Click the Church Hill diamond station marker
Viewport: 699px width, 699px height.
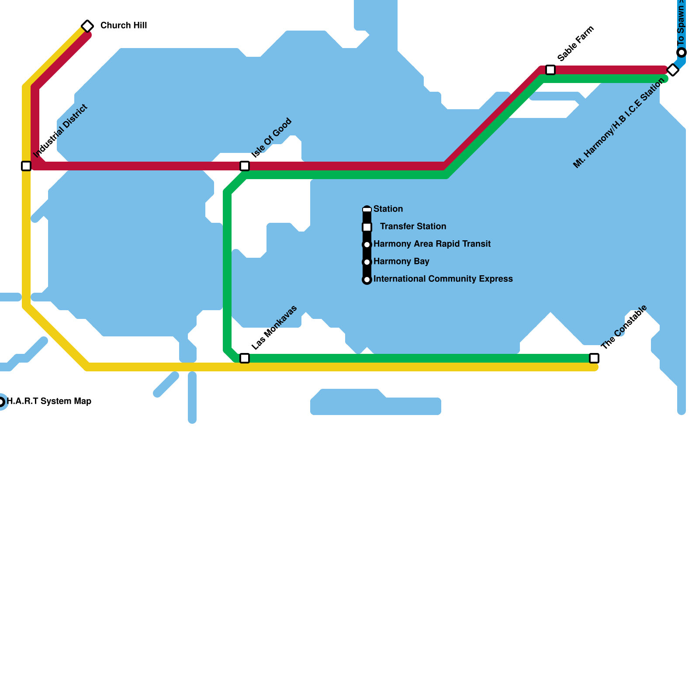[87, 26]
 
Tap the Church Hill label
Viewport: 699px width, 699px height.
[124, 25]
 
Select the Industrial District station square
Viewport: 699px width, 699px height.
[26, 166]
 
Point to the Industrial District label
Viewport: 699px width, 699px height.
[61, 131]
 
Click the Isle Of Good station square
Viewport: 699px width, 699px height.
[245, 166]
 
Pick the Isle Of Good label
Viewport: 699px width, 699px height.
[271, 138]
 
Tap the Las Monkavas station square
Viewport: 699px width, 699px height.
[245, 358]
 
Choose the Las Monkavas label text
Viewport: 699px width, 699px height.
[274, 327]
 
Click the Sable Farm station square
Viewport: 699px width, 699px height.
[550, 70]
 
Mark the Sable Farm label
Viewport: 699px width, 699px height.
[576, 44]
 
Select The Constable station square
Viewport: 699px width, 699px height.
[594, 358]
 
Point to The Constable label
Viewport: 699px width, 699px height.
[624, 327]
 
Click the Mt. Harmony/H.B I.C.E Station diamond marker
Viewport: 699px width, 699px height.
[673, 70]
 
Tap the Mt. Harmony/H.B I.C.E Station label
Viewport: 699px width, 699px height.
[619, 123]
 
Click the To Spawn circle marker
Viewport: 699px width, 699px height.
[682, 53]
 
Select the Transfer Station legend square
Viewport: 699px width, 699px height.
[367, 227]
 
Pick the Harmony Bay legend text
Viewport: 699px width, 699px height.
[401, 261]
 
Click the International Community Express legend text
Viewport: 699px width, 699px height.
[443, 279]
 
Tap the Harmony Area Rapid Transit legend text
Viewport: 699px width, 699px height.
[432, 244]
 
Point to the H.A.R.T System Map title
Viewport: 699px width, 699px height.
[49, 401]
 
